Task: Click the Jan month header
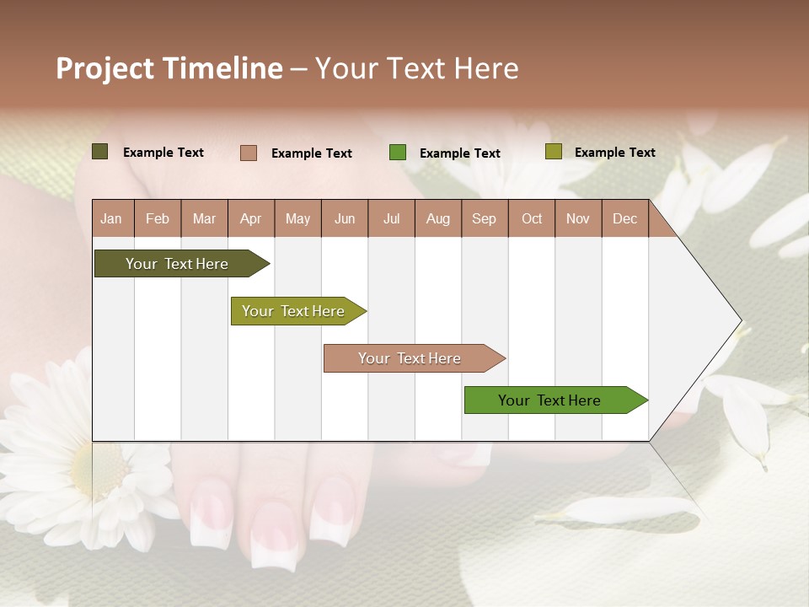[x=111, y=218]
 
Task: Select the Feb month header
[x=158, y=218]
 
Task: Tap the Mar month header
[x=204, y=218]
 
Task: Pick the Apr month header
[x=251, y=218]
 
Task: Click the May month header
[x=297, y=218]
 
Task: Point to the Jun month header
[x=345, y=218]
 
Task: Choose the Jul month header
[x=391, y=218]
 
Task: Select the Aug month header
[x=438, y=218]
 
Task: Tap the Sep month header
[x=485, y=218]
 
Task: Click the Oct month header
[x=532, y=218]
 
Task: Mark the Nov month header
[x=578, y=218]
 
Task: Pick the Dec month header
[x=624, y=218]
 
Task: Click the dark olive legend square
[x=99, y=152]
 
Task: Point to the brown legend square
[x=248, y=153]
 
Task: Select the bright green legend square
[x=398, y=153]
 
